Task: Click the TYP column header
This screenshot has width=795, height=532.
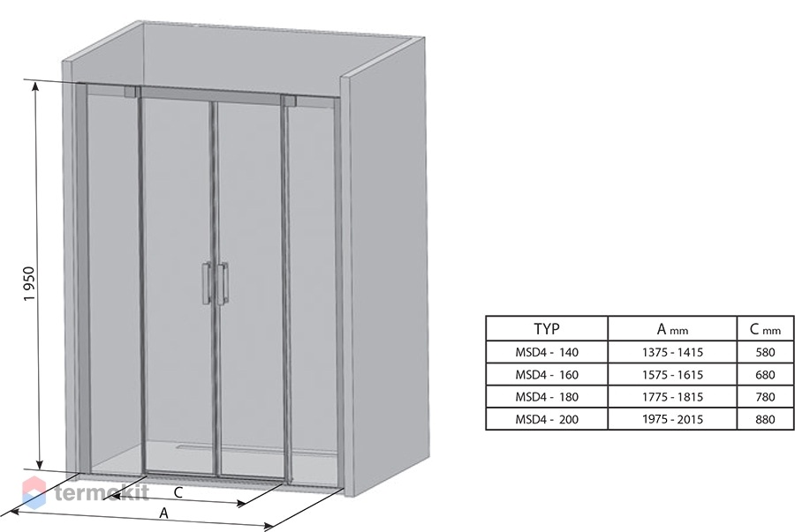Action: [547, 329]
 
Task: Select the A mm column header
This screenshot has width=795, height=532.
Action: [672, 330]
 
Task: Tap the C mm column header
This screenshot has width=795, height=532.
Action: [765, 330]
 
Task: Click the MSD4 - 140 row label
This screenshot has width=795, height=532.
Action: [547, 352]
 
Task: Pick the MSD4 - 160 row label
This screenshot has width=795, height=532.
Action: [547, 375]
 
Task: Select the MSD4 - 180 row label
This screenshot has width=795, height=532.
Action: [547, 397]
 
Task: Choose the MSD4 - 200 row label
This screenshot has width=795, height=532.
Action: [547, 419]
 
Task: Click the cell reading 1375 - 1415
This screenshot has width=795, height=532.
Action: [672, 352]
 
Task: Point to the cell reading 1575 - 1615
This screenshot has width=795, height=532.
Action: [672, 375]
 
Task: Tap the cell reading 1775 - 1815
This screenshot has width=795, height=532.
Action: [672, 397]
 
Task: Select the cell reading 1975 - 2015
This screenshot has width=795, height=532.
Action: [672, 419]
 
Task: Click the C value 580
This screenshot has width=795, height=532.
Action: [765, 352]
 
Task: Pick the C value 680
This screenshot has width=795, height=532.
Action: [765, 375]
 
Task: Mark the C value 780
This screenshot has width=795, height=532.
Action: [765, 397]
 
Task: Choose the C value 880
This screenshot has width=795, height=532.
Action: [765, 419]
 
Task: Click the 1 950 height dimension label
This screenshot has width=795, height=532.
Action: [29, 283]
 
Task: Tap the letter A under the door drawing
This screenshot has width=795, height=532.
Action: [163, 513]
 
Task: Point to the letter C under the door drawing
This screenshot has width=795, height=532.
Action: [178, 492]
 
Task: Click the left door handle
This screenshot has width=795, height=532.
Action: [207, 283]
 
